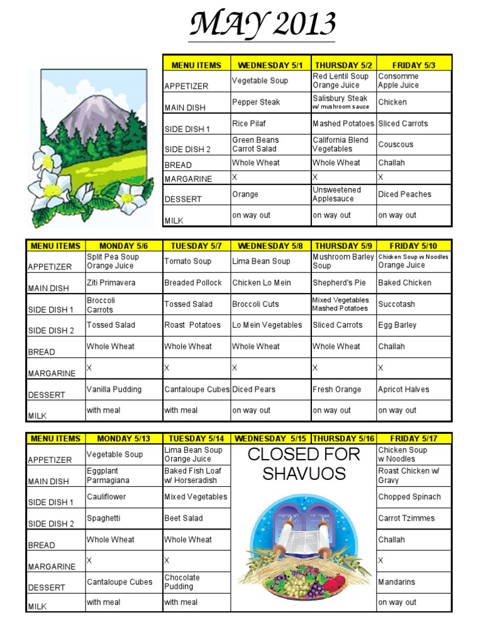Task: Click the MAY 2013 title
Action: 263,25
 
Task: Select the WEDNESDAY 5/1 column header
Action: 270,65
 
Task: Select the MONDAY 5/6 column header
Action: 123,246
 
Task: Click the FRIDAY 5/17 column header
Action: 413,438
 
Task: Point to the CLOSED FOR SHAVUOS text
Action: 303,464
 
